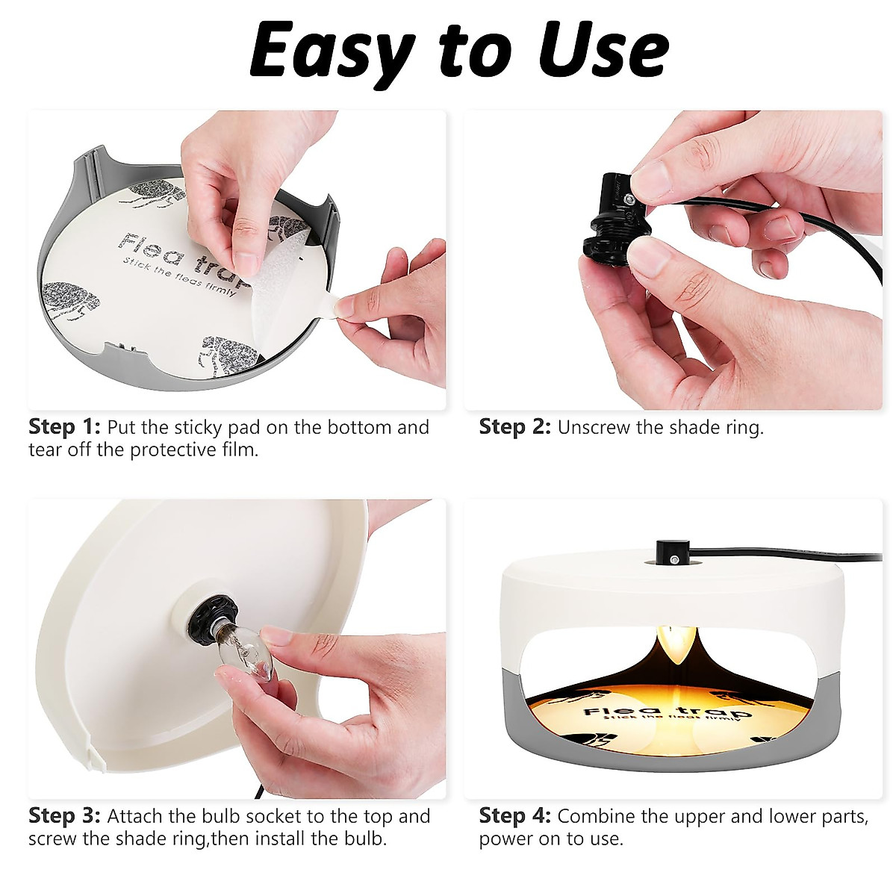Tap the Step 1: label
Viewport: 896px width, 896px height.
tap(64, 428)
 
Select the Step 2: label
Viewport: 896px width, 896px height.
tap(514, 428)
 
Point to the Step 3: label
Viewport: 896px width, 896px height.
tap(64, 816)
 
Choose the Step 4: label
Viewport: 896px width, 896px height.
tap(514, 816)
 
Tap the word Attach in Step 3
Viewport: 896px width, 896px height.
tap(136, 816)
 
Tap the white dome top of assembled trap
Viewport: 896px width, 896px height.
tap(597, 590)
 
